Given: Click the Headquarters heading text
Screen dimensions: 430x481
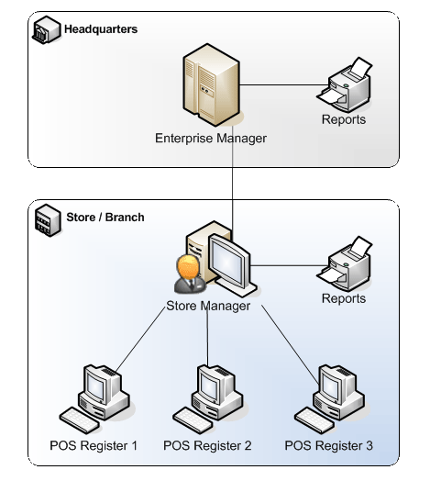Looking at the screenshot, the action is pyautogui.click(x=101, y=29).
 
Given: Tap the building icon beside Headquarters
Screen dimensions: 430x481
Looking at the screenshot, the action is pyautogui.click(x=46, y=29).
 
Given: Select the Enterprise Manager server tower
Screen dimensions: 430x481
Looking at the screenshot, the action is pyautogui.click(x=212, y=85).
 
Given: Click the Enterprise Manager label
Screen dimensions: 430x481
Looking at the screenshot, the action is pyautogui.click(x=211, y=139).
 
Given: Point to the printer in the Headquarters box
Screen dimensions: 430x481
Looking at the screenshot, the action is pyautogui.click(x=345, y=84).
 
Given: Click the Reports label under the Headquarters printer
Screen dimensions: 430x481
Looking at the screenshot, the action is pyautogui.click(x=344, y=119).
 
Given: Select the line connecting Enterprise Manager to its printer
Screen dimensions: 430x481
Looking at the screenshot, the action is pyautogui.click(x=284, y=85).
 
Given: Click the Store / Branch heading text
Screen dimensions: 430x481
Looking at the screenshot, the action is pyautogui.click(x=105, y=218).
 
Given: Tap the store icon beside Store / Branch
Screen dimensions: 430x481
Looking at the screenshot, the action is pyautogui.click(x=48, y=220).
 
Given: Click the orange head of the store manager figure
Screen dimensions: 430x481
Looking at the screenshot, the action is pyautogui.click(x=189, y=266).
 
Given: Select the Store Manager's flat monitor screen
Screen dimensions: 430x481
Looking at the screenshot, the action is pyautogui.click(x=227, y=261).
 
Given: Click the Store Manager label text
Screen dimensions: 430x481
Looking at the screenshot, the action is pyautogui.click(x=208, y=306).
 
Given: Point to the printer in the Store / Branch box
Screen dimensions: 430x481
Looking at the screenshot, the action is pyautogui.click(x=345, y=263).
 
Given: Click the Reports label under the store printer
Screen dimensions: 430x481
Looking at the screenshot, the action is pyautogui.click(x=344, y=298).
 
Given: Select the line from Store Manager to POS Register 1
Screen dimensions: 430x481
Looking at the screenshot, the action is pyautogui.click(x=140, y=339).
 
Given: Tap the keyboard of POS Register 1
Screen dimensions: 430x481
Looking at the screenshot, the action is pyautogui.click(x=80, y=419).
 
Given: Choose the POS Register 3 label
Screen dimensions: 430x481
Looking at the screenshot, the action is pyautogui.click(x=328, y=446).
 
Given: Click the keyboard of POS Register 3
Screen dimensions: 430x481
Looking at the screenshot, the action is pyautogui.click(x=314, y=419).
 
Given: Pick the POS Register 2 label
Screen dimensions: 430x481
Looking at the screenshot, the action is pyautogui.click(x=207, y=446).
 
